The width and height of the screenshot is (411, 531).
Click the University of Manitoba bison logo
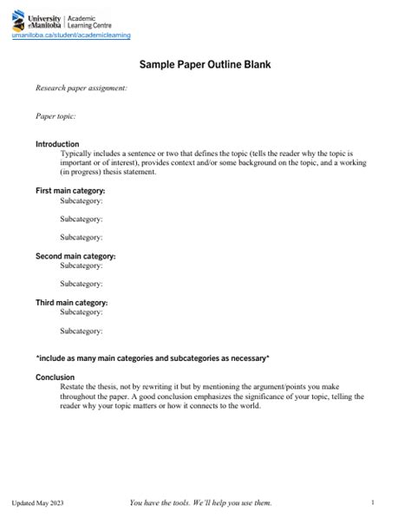click(19, 22)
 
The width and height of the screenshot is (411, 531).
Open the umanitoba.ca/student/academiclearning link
click(71, 36)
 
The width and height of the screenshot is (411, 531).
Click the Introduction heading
click(57, 144)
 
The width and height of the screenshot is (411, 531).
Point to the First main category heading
click(70, 190)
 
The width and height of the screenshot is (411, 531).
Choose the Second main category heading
click(75, 256)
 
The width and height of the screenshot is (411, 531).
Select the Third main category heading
click(71, 303)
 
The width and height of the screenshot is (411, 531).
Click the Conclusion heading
click(55, 377)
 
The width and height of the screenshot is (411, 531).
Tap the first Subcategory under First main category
click(82, 200)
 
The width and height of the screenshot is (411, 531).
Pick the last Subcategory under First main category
click(82, 237)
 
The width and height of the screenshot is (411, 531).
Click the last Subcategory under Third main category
click(82, 331)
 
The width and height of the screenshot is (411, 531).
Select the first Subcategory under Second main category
click(82, 265)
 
